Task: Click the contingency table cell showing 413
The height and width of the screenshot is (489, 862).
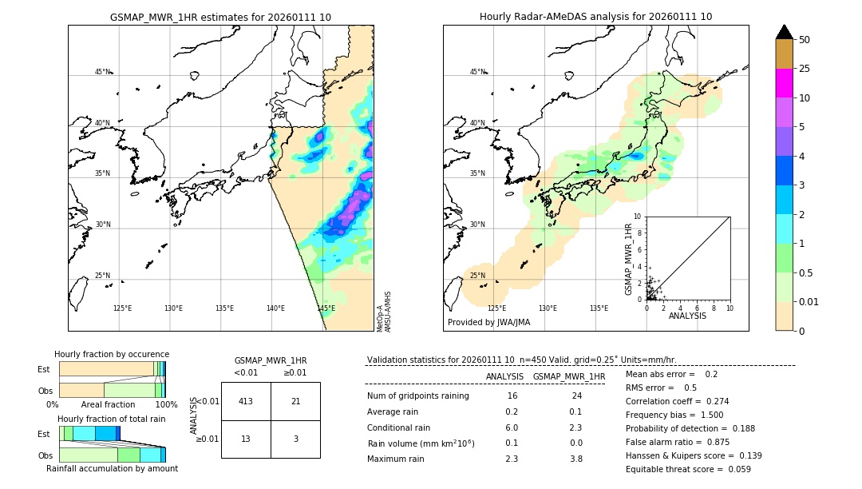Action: coord(246,401)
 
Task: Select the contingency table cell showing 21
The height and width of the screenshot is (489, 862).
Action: coord(295,401)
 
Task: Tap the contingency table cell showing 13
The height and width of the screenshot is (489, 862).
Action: coord(246,439)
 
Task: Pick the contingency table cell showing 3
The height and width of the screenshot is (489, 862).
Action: coord(295,439)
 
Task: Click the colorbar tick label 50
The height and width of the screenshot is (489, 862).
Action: coord(805,40)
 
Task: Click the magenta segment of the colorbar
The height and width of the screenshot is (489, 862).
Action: coord(784,83)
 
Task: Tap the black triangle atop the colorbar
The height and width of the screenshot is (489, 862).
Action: coord(784,32)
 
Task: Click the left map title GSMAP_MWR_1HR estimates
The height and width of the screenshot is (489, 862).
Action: coord(220,17)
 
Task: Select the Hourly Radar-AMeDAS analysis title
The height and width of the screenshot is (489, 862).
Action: coord(595,17)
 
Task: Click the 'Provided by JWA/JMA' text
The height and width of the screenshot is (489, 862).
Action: coord(488,322)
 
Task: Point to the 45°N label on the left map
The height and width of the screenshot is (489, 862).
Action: coord(102,72)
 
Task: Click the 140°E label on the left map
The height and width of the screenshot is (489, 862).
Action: coord(275,308)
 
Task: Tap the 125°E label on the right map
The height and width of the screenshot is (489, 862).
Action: coord(496,308)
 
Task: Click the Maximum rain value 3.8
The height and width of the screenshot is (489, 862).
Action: coord(576,459)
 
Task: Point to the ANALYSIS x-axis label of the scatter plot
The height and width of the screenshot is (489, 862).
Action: coord(687,316)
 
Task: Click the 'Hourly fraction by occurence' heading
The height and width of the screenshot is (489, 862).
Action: coord(112,354)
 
